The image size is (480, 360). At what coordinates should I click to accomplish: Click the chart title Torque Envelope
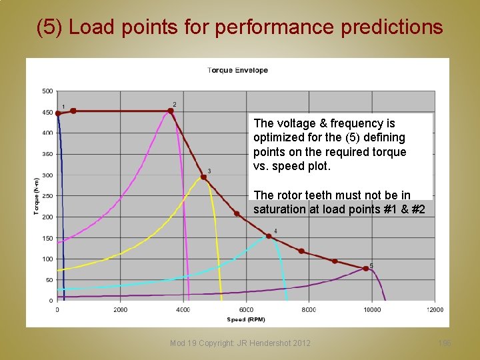237,70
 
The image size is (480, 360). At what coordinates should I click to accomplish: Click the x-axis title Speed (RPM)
245,319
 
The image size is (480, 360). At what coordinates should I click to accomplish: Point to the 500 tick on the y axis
47,91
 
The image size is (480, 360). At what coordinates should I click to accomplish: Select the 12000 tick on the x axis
435,309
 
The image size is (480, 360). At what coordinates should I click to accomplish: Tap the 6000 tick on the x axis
246,309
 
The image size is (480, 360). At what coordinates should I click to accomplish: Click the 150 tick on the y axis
47,238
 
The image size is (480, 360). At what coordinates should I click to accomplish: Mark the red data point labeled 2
171,111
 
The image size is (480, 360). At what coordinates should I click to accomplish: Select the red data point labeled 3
203,177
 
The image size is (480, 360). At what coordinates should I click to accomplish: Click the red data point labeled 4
269,236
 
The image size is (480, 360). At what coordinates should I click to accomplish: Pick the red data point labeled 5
365,269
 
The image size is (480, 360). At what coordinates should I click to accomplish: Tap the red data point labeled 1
58,113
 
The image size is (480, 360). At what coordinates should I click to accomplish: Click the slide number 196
445,343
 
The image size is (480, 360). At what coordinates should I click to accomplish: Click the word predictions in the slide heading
391,27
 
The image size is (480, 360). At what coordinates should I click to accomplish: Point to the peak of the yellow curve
203,178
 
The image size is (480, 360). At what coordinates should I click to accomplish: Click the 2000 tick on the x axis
120,309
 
